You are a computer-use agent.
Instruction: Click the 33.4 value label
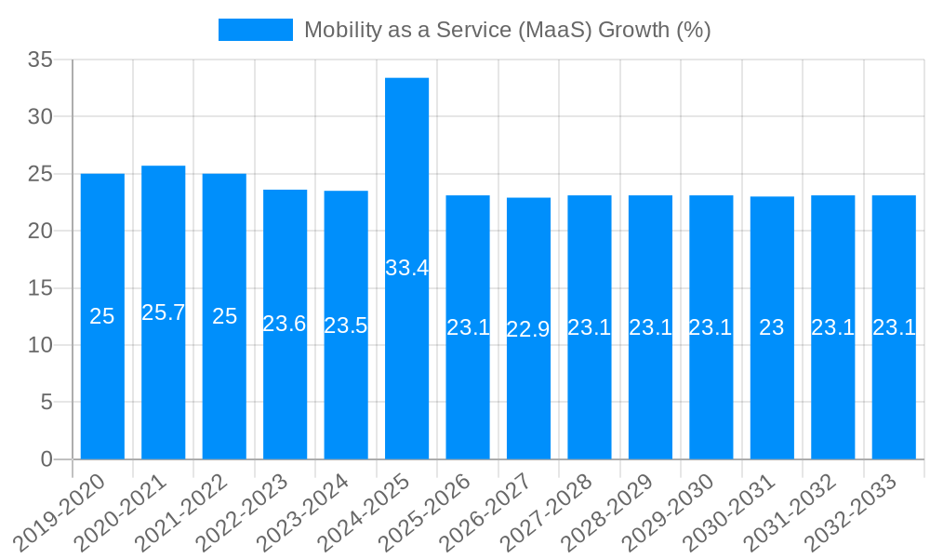(406, 268)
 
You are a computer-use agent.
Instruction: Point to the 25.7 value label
(163, 312)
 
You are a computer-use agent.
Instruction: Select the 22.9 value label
(528, 329)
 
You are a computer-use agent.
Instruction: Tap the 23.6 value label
(285, 324)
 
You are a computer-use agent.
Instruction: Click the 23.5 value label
(346, 325)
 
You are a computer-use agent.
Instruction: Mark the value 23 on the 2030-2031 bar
(772, 327)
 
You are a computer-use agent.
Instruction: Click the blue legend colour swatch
(255, 30)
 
